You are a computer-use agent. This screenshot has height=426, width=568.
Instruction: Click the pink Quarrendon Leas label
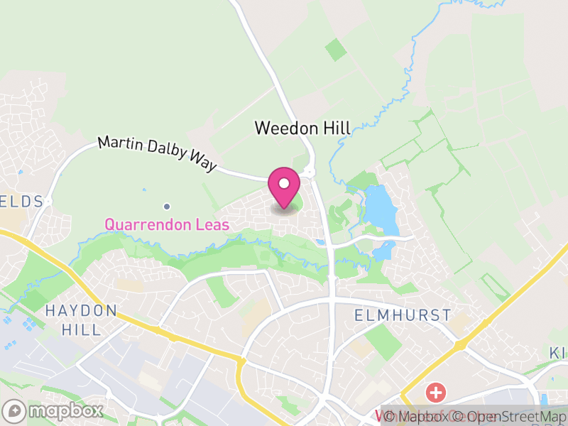167,225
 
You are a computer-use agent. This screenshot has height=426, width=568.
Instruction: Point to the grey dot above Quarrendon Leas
167,207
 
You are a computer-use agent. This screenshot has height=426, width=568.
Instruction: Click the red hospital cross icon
435,392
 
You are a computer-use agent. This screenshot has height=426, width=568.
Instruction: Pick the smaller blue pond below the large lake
384,250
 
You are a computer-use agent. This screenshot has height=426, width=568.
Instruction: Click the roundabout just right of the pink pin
309,173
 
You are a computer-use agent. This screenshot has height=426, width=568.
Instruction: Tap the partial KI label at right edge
558,353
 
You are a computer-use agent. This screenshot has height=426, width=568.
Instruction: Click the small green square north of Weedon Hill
336,50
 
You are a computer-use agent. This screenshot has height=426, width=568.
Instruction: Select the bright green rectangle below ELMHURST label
383,342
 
